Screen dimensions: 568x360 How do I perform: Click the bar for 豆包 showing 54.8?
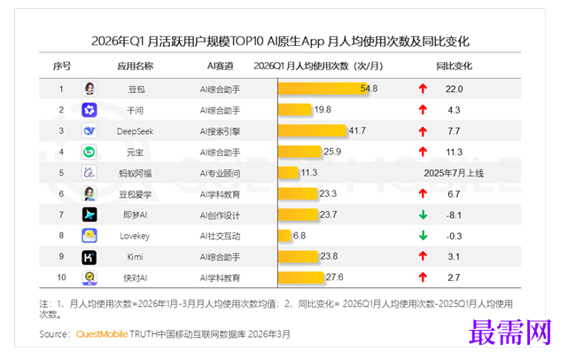point(323,89)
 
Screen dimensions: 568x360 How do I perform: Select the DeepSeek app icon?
point(89,131)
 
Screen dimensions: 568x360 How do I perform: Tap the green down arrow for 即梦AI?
point(423,215)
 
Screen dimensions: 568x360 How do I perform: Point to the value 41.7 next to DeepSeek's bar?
point(357,130)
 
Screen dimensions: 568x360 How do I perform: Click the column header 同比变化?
point(454,66)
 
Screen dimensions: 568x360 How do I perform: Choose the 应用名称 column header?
point(135,66)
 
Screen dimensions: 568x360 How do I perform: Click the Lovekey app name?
point(135,236)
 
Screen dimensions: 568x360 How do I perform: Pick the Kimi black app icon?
point(89,257)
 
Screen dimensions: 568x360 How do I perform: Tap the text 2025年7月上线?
point(454,173)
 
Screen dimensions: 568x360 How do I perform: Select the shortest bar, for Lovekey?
point(284,236)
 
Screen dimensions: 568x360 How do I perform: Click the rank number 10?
point(61,278)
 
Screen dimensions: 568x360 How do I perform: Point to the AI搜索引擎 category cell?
point(220,131)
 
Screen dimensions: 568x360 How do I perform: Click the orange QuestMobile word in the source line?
point(102,334)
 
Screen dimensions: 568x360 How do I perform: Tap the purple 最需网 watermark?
point(510,333)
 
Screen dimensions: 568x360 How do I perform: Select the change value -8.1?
point(454,215)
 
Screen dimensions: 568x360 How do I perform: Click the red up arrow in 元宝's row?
point(423,152)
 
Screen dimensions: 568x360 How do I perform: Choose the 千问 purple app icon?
point(89,110)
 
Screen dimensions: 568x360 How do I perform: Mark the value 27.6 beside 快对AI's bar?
point(334,278)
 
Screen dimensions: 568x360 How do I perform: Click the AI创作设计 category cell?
point(220,215)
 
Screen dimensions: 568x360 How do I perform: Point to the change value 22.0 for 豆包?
point(454,90)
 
